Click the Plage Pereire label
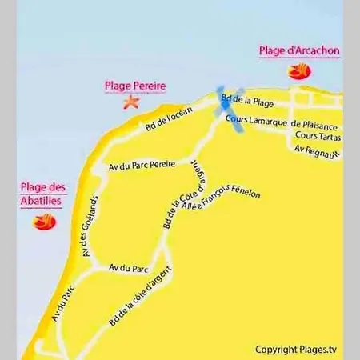click(x=130, y=86)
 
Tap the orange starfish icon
click(x=130, y=102)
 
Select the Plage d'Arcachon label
click(x=299, y=50)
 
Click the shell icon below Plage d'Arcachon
click(x=297, y=71)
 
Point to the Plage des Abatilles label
click(x=43, y=195)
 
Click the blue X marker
click(x=230, y=103)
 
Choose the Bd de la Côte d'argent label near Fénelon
click(x=181, y=195)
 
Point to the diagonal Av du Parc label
click(x=63, y=303)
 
